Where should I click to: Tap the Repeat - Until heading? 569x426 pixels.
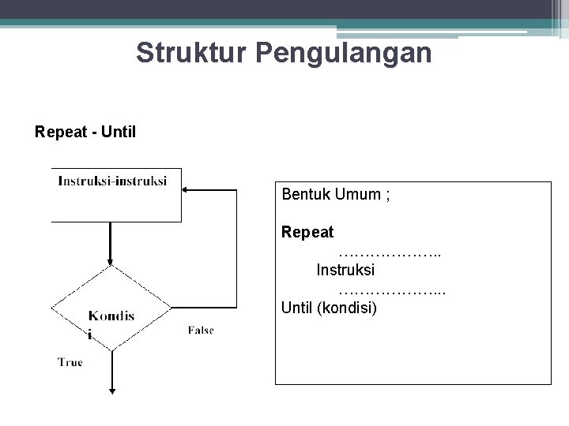coord(85,131)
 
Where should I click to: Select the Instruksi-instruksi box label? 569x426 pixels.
coord(112,181)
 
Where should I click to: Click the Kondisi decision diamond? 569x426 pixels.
coord(111,308)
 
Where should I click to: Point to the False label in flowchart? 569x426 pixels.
coord(201,330)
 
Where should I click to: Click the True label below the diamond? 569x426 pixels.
coord(70,362)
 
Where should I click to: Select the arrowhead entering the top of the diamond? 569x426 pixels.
coord(111,261)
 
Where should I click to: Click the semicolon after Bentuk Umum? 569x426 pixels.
coord(386,195)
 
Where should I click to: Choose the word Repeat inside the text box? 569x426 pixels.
coord(307,233)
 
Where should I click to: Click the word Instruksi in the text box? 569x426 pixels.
coord(345,270)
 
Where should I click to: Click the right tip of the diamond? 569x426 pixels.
coord(170,308)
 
